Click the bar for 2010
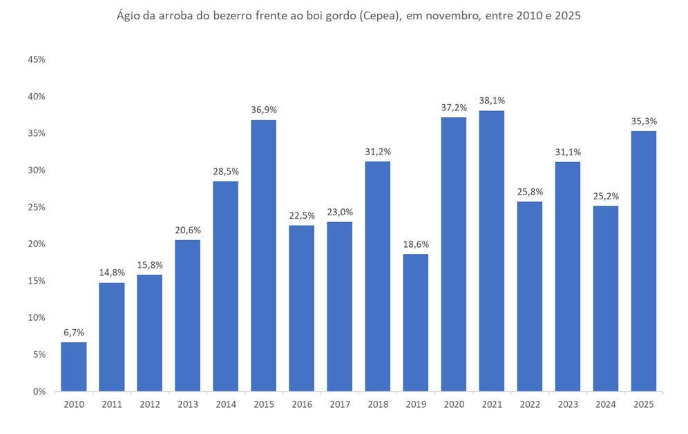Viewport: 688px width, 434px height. (74, 366)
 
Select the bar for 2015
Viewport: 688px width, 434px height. (263, 255)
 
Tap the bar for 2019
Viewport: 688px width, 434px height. (415, 322)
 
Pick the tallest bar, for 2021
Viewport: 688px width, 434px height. (491, 250)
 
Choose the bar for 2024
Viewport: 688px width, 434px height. (605, 298)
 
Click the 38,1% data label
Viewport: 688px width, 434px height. (491, 101)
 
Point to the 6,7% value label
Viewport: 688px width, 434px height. (74, 333)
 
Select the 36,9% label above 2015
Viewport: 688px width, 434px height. (263, 110)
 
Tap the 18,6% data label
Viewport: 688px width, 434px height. (415, 244)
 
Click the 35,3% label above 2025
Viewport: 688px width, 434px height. (643, 121)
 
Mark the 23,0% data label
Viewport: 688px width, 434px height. (339, 212)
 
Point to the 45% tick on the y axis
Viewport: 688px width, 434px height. (37, 60)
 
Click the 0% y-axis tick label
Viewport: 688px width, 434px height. (39, 391)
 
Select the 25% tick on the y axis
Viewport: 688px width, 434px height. (37, 207)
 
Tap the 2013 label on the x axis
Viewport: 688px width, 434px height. (187, 404)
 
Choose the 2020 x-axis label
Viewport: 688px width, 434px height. (453, 404)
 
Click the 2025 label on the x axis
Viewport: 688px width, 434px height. (643, 404)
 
